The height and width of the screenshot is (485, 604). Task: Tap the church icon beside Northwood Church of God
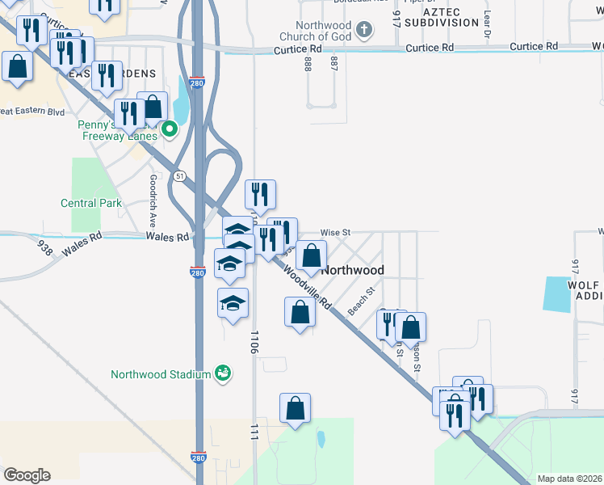pos(364,31)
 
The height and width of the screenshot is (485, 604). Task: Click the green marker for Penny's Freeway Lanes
pos(170,129)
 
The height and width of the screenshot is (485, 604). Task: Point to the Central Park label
pos(91,203)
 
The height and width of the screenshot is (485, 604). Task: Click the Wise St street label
pos(334,232)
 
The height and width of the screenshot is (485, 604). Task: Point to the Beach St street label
pos(361,302)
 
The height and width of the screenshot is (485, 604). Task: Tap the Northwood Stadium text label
pos(160,373)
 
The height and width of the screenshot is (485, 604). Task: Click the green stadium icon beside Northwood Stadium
pos(222,373)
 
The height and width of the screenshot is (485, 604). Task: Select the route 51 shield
pos(179,176)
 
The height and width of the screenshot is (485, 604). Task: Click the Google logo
pos(27,475)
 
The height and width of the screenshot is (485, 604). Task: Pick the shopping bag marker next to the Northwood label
pos(311,256)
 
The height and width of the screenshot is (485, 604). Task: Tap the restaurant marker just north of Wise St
pos(260,195)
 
